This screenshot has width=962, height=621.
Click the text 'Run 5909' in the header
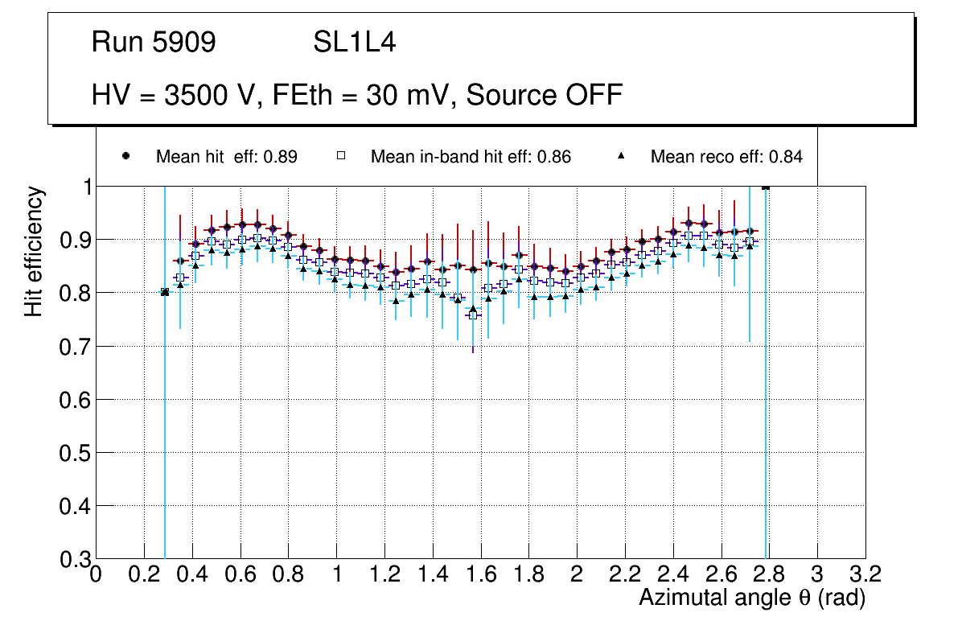[x=154, y=43]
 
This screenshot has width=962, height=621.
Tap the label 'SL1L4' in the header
[x=354, y=43]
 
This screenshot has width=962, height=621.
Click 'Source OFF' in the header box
[x=545, y=95]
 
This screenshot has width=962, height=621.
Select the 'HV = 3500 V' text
[x=176, y=95]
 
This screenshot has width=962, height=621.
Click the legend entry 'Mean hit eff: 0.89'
[x=226, y=157]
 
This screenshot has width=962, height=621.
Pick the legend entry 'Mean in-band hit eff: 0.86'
[x=471, y=157]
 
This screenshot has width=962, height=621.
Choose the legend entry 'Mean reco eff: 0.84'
[x=726, y=157]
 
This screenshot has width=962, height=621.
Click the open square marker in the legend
[x=341, y=156]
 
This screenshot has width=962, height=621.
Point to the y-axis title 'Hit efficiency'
[x=34, y=251]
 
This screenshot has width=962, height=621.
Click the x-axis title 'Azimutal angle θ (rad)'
[x=753, y=598]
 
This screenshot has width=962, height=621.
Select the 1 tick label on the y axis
[x=84, y=187]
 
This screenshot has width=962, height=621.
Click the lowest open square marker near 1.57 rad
[x=473, y=315]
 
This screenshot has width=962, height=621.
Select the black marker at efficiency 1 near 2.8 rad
[x=765, y=187]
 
